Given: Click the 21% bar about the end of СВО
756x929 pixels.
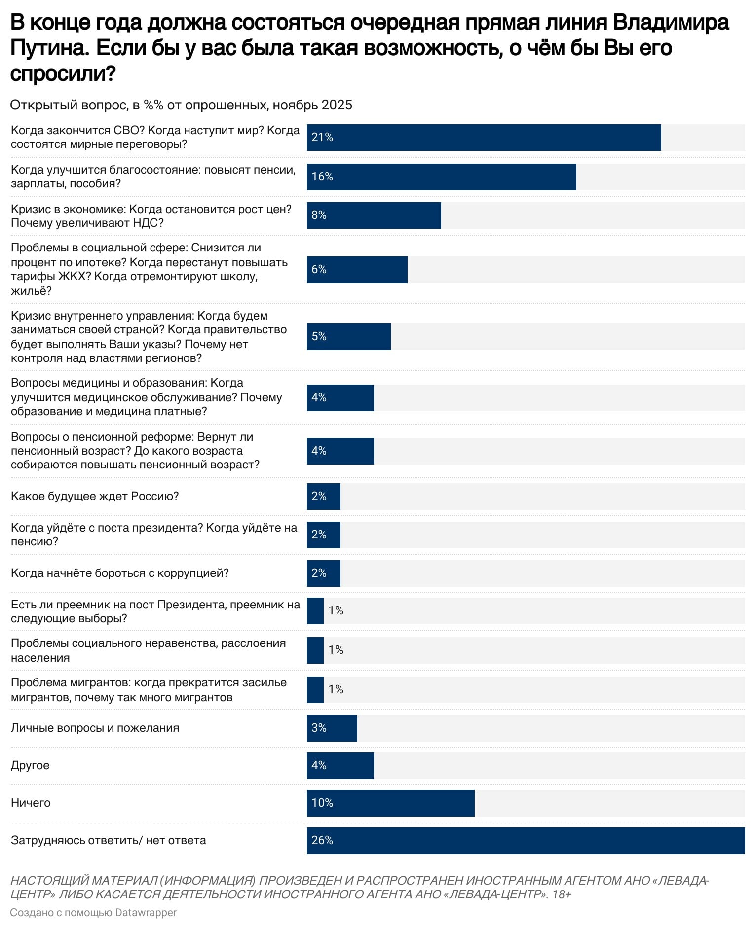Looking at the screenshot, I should coord(484,138).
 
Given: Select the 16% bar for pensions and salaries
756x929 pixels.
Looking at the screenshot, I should coord(441,177).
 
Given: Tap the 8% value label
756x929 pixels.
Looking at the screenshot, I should coord(319,215).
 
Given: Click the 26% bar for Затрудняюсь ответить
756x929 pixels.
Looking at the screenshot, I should coord(526,840).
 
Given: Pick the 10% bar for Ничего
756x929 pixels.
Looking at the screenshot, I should coord(390,803).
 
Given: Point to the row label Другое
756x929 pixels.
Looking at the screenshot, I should coord(30,765).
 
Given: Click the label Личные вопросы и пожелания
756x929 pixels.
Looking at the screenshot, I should coord(95,728).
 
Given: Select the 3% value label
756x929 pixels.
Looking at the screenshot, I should coord(319,728).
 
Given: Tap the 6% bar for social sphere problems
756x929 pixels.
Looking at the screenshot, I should coord(357,269).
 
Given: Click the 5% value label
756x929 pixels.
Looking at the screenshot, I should coord(319,336).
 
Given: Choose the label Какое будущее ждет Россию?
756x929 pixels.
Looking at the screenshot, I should coord(95,496).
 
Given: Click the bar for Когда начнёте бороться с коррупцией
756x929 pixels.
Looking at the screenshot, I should coord(324,573).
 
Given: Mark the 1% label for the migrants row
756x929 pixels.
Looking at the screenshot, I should coord(336,689).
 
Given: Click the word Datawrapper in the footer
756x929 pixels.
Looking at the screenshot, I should coord(146,913).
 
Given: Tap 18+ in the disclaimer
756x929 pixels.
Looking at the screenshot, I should coord(562,894).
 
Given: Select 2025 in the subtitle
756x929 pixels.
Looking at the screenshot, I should coord(337,105).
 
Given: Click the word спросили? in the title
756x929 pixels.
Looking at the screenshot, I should coord(63,74).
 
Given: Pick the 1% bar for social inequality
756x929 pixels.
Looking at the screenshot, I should coord(315,650).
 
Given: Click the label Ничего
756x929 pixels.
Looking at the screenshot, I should coord(31,803).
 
